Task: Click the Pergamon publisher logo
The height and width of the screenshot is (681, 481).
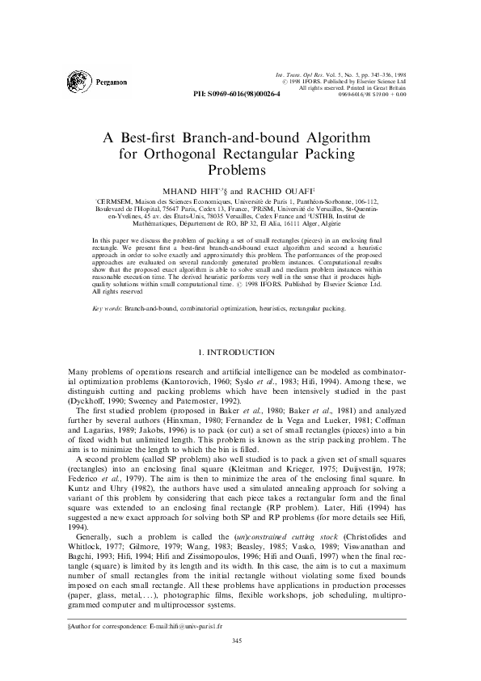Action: click(x=85, y=82)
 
